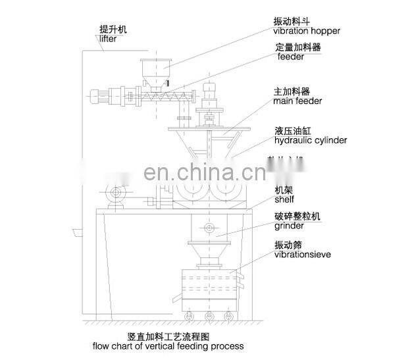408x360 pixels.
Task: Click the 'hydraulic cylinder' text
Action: pyautogui.click(x=310, y=140)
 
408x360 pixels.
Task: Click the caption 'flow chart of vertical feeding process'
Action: pyautogui.click(x=167, y=346)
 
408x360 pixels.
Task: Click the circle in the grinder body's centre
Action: pyautogui.click(x=209, y=228)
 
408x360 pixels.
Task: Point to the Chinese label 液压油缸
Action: pyautogui.click(x=290, y=130)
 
